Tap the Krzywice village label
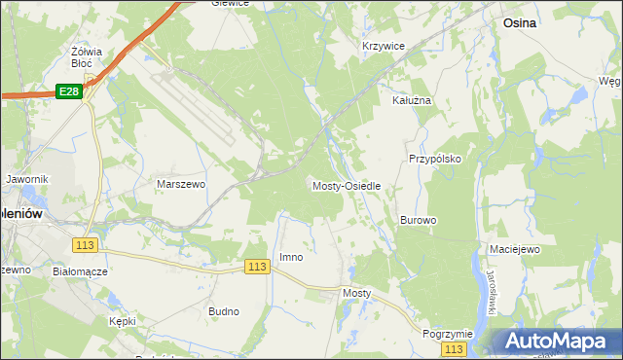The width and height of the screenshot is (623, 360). [x=383, y=46]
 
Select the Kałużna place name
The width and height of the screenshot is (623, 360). [x=411, y=99]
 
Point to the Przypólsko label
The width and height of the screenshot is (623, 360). [x=434, y=158]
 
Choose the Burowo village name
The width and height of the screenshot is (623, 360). [x=418, y=220]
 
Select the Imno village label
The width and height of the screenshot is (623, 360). [x=291, y=257]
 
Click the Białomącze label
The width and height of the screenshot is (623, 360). [x=80, y=271]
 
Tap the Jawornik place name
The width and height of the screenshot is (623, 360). [x=26, y=179]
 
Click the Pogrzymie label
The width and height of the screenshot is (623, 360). [x=448, y=333]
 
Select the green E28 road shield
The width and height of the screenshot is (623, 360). [x=68, y=90]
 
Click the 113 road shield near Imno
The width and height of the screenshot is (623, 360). [x=257, y=267]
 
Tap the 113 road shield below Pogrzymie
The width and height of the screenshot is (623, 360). [x=453, y=348]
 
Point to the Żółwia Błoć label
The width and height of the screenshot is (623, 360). [x=88, y=56]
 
